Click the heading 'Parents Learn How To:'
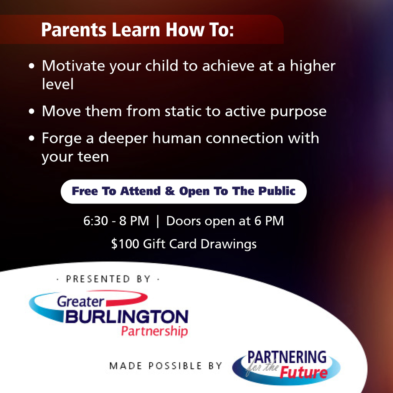point(137,30)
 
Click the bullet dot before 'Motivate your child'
point(31,66)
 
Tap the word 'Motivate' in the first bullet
point(73,66)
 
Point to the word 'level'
point(58,84)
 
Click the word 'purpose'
point(298,112)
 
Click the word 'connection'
point(244,138)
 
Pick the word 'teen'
point(93,157)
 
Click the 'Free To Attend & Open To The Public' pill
point(184,192)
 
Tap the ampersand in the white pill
point(170,191)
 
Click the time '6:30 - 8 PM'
point(116,221)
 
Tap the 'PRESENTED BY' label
point(108,279)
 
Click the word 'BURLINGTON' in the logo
point(127,317)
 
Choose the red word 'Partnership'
point(154,331)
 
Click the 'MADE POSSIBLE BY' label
point(166,366)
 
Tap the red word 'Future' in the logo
point(304,373)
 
